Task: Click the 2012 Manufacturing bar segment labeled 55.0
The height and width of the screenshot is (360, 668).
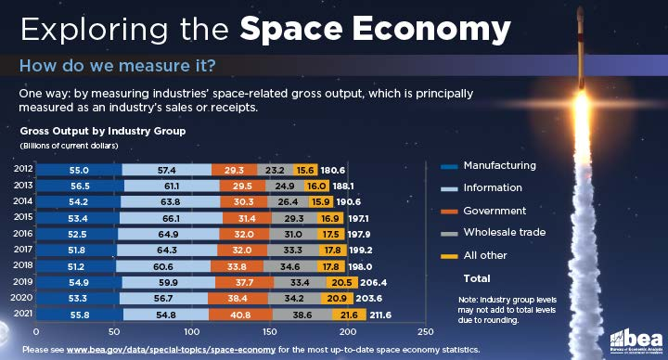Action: [79, 170]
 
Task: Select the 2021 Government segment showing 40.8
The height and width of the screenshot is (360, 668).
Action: [240, 315]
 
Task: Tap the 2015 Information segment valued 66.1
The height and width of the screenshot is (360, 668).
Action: [171, 219]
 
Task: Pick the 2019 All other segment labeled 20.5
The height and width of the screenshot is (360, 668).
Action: [342, 282]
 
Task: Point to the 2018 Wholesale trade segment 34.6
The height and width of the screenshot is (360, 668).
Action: [289, 266]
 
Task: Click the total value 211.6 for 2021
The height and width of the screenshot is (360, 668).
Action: [380, 315]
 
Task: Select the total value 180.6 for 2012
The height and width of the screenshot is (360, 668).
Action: [333, 171]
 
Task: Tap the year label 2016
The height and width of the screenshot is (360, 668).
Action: [22, 234]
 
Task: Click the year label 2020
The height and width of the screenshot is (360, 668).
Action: [21, 298]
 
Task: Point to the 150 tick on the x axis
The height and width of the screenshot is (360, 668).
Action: [270, 332]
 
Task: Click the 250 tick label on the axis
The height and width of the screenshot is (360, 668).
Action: [426, 332]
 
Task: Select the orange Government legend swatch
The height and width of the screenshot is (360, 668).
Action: [449, 212]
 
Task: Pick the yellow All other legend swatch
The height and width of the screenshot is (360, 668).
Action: [449, 256]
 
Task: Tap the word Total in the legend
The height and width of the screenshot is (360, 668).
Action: [477, 278]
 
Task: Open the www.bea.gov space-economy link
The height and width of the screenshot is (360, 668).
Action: [171, 350]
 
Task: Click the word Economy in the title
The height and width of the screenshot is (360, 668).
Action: [431, 30]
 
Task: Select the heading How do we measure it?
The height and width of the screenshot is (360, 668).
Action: [118, 66]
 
